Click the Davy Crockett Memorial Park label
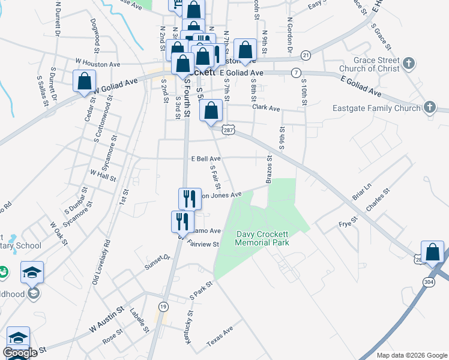click(262, 238)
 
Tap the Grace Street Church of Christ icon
click(409, 64)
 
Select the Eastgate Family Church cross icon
click(430, 108)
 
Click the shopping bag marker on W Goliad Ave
click(85, 81)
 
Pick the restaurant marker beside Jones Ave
click(189, 199)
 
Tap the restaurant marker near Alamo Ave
click(182, 221)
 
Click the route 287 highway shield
click(228, 129)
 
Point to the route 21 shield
click(306, 55)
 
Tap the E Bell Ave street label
click(206, 159)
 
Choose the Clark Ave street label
click(267, 109)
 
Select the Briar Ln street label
click(363, 192)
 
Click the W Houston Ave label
click(98, 62)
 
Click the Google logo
click(19, 353)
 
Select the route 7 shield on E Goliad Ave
click(296, 73)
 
